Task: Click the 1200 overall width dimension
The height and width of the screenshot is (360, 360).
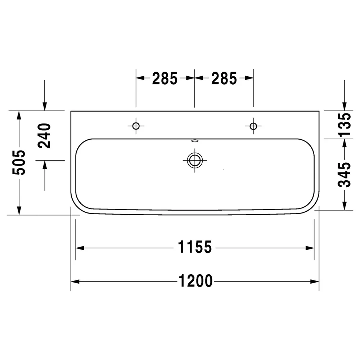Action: point(195,281)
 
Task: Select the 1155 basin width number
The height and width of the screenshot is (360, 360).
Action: point(195,247)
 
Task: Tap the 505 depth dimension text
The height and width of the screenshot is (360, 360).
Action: point(19,162)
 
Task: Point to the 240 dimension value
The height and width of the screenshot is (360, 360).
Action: point(44,136)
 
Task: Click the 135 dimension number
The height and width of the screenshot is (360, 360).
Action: point(345,125)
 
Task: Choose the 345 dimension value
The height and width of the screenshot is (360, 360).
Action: point(345,175)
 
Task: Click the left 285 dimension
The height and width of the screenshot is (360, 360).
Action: point(165,78)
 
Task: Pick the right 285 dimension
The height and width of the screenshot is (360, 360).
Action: point(224,78)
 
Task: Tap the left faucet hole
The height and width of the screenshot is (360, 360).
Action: point(136,126)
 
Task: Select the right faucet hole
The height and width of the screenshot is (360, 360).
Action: point(253,126)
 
